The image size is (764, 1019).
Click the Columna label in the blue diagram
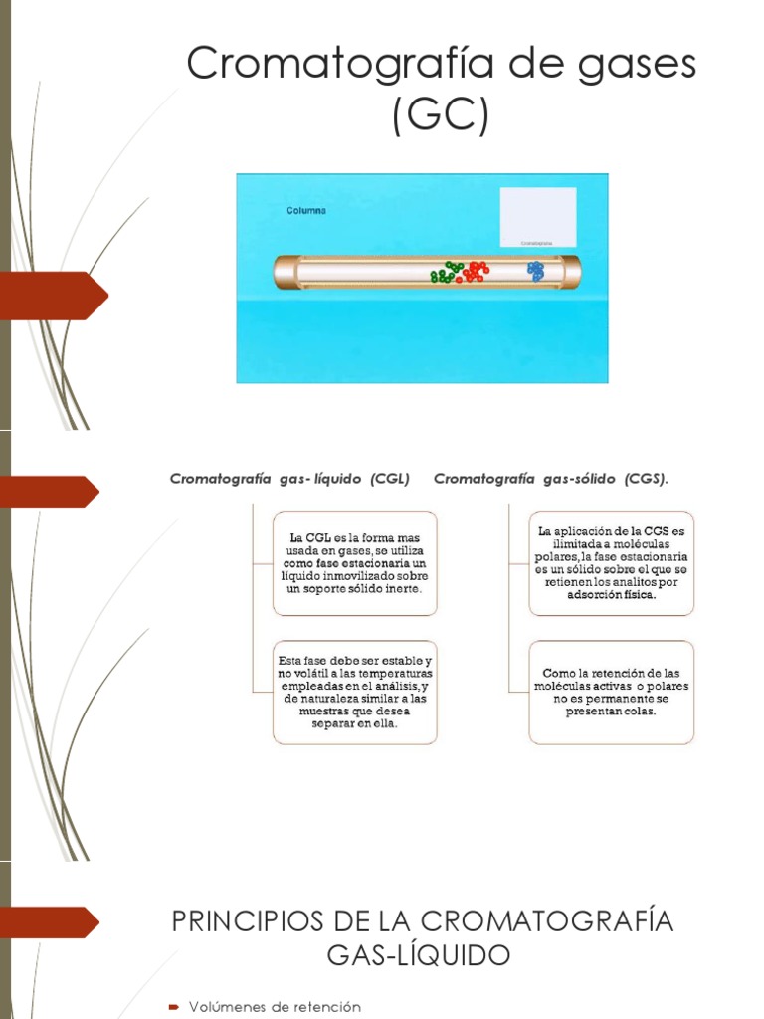pos(306,211)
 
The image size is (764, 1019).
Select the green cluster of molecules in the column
pos(447,273)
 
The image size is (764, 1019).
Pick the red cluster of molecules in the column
pos(475,271)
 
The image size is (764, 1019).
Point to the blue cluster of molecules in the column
pos(536,270)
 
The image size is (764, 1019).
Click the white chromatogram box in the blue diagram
pos(537,215)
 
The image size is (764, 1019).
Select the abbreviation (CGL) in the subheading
pos(389,479)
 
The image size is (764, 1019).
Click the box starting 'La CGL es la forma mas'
pos(354,563)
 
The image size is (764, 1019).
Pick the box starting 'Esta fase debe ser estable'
pos(354,692)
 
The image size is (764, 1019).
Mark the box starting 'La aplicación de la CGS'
pos(611,563)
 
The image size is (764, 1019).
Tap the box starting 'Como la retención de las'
pos(611,692)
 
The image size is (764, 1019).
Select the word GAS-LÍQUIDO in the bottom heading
pos(419,956)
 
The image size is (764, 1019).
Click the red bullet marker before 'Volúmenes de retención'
pos(174,1007)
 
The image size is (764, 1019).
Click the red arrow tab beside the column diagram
pos(54,296)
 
